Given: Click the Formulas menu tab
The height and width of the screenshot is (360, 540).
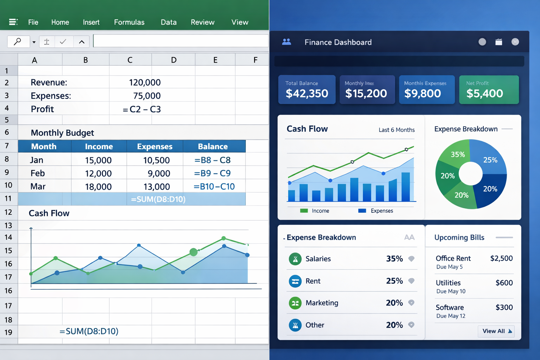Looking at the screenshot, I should point(129,22).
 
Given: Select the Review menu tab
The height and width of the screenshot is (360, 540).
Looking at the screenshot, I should point(202,22).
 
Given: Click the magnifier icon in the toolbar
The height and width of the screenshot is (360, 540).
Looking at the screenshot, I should point(18,41).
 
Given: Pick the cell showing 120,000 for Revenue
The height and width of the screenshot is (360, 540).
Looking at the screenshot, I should point(144,83).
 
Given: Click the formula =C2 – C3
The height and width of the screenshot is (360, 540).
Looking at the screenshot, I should point(142,109).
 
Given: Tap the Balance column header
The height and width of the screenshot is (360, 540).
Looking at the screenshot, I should point(213,147).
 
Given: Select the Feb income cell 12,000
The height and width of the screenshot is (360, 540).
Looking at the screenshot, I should point(98,173).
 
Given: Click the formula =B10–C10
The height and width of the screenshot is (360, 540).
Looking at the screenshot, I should point(214,187).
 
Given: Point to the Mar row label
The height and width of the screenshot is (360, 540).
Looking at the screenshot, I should point(38,187).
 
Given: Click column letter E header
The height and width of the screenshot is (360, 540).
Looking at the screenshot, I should point(215,60).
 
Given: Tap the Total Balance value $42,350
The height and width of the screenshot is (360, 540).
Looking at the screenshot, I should point(307,94).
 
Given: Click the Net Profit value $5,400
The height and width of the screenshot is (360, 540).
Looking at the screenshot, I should point(484,94).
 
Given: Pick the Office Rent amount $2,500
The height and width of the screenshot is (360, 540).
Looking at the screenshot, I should point(501,258).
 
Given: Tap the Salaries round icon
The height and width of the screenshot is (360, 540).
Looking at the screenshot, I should point(295,259).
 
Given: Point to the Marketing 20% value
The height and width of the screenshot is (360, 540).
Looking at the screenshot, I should point(394,303).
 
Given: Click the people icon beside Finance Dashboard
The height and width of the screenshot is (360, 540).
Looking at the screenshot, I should point(287,42).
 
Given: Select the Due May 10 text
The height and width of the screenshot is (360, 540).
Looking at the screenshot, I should point(451,291).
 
